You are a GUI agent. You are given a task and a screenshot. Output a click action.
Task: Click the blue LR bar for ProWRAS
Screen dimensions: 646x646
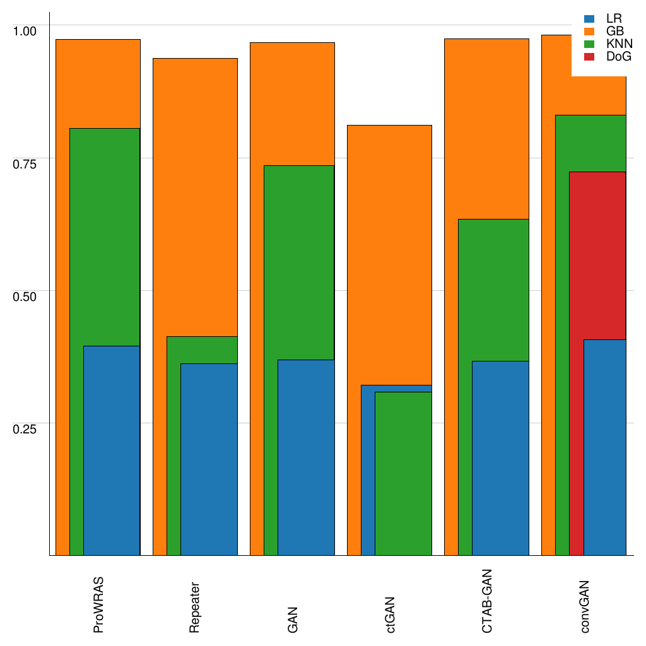112,450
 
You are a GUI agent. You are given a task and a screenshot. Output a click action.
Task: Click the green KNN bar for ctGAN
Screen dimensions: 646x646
403,473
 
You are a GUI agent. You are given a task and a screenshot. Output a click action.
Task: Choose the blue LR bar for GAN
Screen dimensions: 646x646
306,457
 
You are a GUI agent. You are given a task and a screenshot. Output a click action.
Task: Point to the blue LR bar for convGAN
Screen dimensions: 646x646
604,447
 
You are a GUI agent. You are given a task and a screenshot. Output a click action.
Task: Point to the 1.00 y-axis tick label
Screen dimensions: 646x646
26,30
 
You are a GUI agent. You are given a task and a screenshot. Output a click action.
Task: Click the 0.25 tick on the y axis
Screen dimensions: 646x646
26,428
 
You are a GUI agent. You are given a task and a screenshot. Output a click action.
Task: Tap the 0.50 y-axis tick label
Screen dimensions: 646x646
26,296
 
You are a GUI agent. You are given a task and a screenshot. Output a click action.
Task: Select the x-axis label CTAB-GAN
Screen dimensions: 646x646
486,599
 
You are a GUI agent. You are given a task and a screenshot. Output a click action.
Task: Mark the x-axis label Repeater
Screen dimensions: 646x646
195,606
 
